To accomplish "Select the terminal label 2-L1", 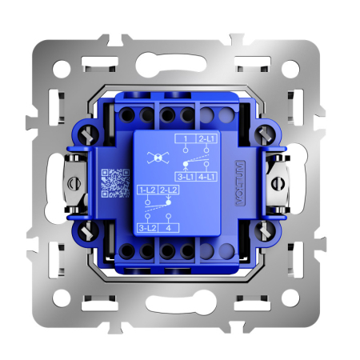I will pos(206,139).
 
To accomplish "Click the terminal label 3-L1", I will pos(185,176).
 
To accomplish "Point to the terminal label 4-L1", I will pos(206,176).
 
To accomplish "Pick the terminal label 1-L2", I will pos(146,190).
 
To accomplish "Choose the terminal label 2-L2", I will pos(168,190).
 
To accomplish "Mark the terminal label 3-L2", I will pos(146,228).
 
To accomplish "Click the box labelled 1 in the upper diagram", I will pos(185,139).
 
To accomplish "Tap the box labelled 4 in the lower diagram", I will pos(168,228).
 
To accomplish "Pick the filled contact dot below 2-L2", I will pos(168,201).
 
